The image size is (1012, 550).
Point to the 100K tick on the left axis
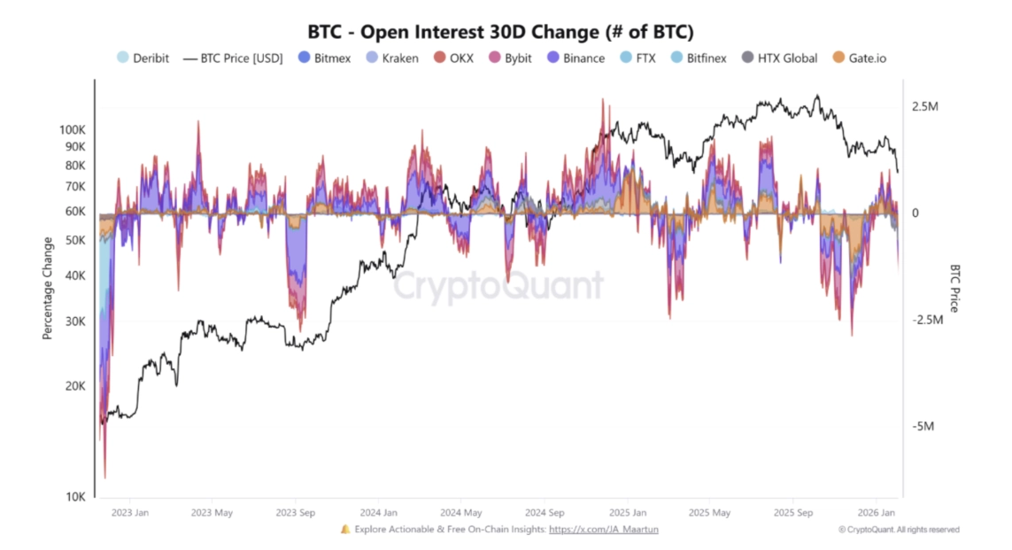point(73,129)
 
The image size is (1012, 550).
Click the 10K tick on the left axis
point(76,497)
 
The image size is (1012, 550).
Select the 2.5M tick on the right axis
point(924,106)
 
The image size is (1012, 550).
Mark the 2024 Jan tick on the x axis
point(378,512)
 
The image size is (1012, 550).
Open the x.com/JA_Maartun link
point(603,530)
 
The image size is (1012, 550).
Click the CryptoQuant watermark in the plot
point(498,286)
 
